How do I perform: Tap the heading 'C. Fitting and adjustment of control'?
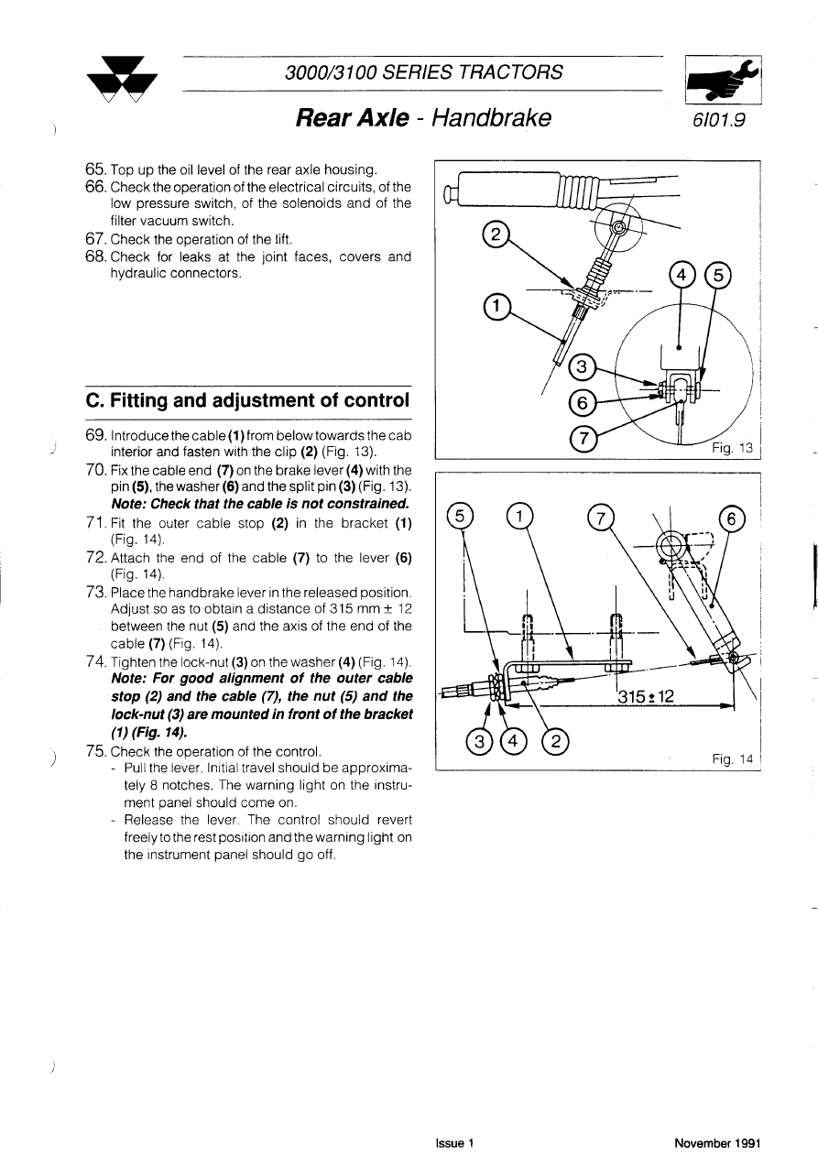pyautogui.click(x=246, y=400)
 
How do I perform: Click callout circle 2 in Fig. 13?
pyautogui.click(x=494, y=234)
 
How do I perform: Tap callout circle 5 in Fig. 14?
pyautogui.click(x=461, y=518)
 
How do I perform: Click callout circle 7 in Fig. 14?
pyautogui.click(x=601, y=518)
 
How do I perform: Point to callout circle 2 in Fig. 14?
pyautogui.click(x=556, y=740)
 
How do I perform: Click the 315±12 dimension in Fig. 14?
pyautogui.click(x=647, y=696)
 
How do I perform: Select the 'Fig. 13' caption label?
pyautogui.click(x=732, y=448)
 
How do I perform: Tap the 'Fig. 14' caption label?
pyautogui.click(x=732, y=758)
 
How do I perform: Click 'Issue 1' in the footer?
pyautogui.click(x=454, y=1143)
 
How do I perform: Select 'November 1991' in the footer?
pyautogui.click(x=717, y=1143)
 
